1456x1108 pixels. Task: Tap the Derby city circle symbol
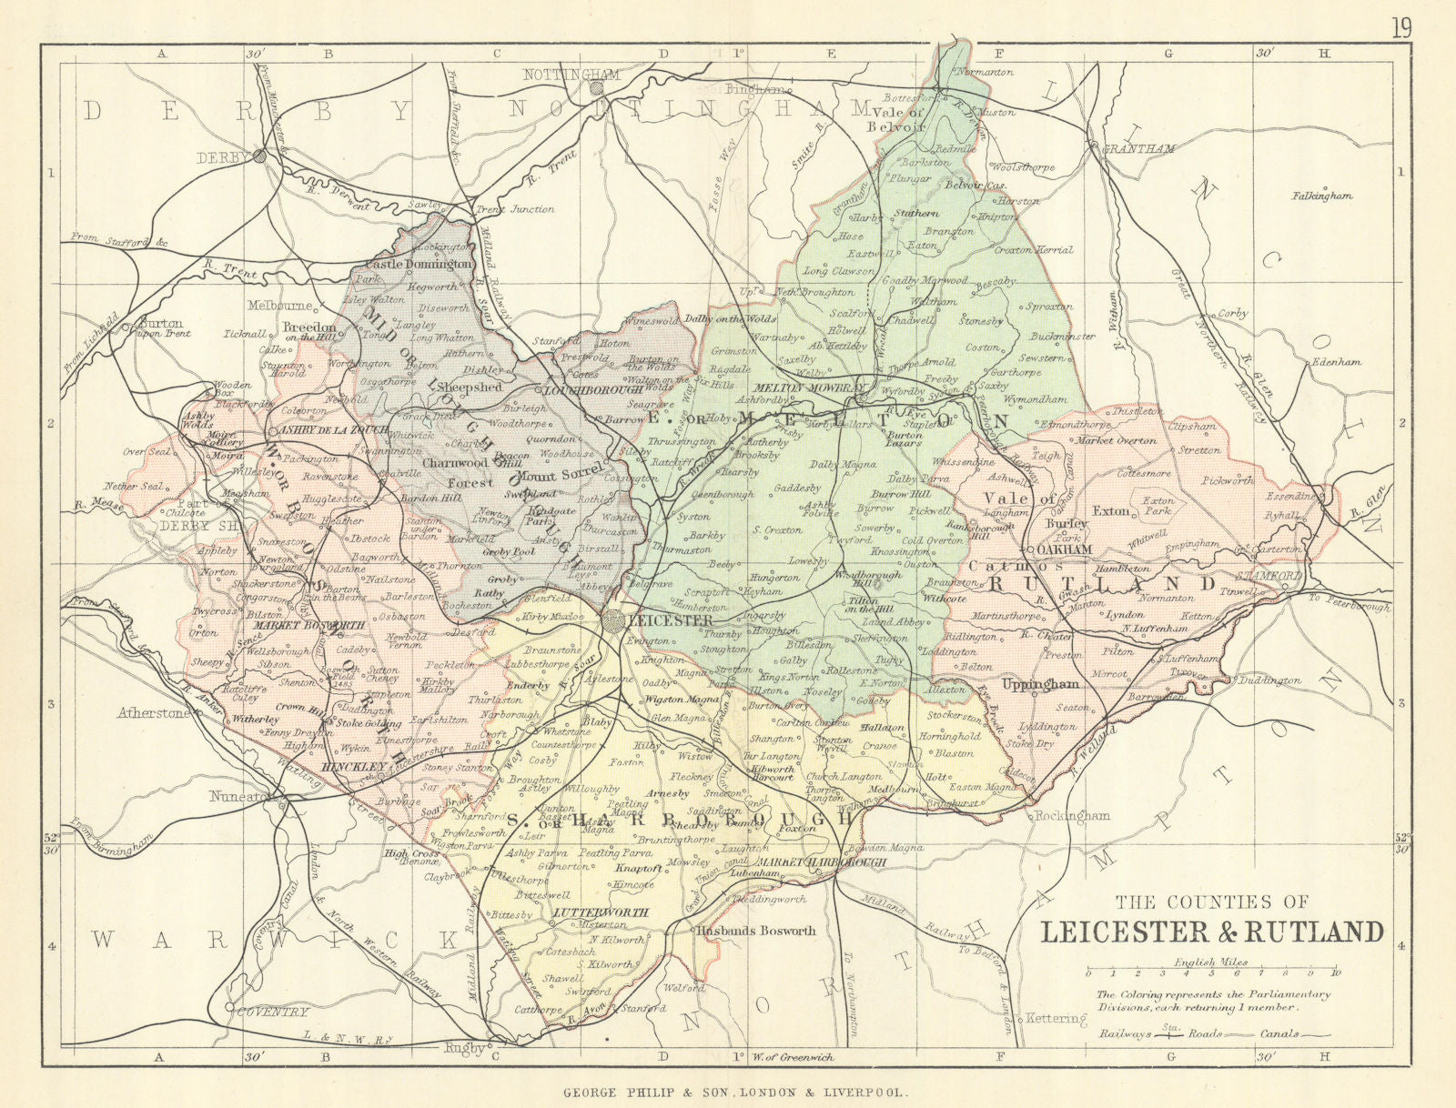(x=260, y=156)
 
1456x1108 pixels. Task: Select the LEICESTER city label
(x=671, y=620)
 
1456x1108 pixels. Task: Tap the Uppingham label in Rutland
(x=1040, y=684)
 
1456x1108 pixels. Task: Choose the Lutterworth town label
(x=602, y=912)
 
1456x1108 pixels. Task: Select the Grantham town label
(x=1137, y=148)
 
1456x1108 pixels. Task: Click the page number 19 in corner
(x=1401, y=28)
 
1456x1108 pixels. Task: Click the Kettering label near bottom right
(x=1057, y=1018)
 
